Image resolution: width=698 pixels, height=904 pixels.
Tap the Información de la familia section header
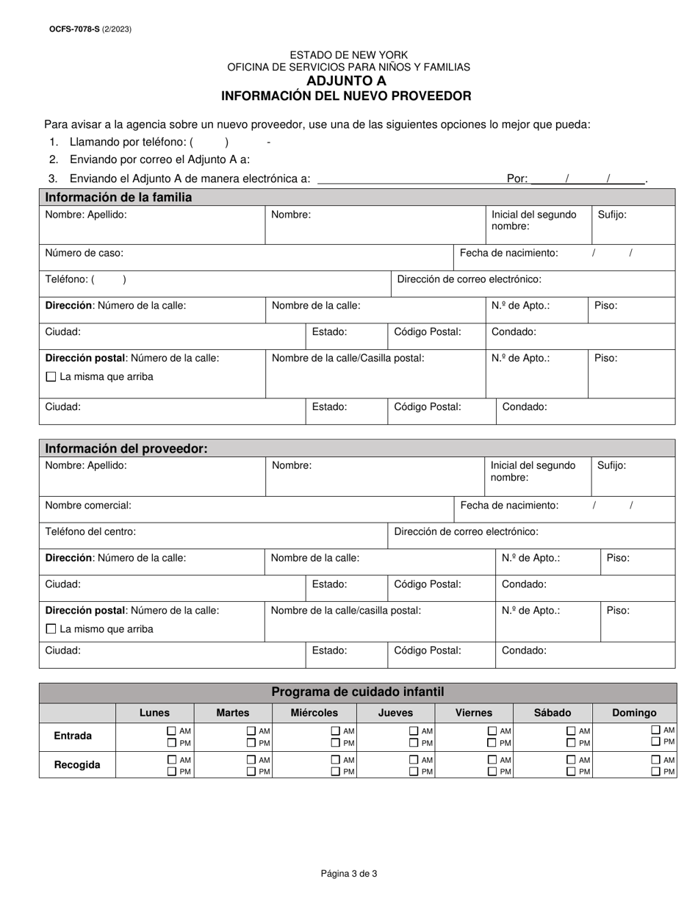point(118,197)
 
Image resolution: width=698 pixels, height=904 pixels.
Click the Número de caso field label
point(84,253)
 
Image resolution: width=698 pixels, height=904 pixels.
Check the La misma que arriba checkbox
point(51,377)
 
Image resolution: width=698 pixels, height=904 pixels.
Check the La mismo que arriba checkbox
point(51,629)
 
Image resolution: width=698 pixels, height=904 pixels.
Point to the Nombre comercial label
point(88,506)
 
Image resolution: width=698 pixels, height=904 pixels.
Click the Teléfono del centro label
point(90,531)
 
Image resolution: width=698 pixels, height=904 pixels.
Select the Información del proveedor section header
point(126,449)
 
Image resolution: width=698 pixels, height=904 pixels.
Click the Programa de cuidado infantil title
point(357,692)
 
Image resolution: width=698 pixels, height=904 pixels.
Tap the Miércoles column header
point(314,712)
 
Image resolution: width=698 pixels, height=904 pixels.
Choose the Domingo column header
point(634,712)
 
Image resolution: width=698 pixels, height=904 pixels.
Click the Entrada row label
point(73,736)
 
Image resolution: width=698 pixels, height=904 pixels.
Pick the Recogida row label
point(77,764)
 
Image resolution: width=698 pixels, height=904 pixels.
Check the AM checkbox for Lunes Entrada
point(172,731)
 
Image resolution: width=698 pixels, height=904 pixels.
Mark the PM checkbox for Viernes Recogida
point(492,772)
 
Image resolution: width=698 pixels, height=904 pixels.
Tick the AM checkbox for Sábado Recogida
point(571,760)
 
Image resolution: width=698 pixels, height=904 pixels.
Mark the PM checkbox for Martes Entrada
point(251,743)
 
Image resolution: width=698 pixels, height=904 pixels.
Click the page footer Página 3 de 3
point(349,874)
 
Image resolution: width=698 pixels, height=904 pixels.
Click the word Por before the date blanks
point(517,179)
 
